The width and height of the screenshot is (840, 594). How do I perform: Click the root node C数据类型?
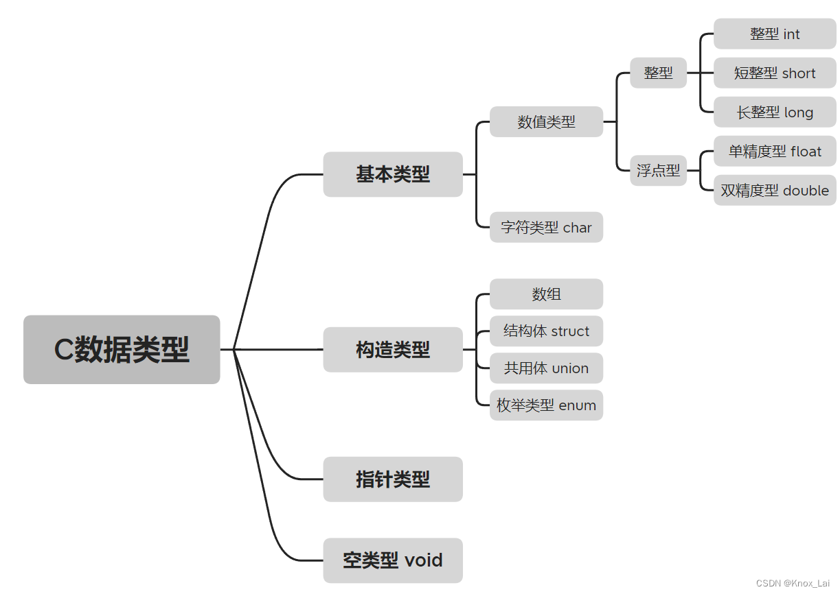coord(122,350)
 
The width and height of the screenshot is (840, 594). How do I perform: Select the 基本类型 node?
coord(393,174)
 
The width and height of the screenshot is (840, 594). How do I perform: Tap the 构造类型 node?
coord(393,350)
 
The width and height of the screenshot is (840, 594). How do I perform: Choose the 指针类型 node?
coord(393,479)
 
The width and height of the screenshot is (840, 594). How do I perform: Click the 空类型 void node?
coord(393,560)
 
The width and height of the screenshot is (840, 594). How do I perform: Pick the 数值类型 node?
coord(546,122)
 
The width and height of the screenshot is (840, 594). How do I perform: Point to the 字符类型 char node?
coord(546,227)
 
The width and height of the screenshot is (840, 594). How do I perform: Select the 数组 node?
coord(546,294)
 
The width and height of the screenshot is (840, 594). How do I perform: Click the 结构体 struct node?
coord(546,331)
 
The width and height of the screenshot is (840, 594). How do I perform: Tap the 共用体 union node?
coord(546,368)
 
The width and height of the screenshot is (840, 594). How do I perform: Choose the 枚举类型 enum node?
coord(546,405)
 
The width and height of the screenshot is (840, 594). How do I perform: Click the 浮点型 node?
coord(658,170)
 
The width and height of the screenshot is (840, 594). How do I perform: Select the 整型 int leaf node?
coord(775,34)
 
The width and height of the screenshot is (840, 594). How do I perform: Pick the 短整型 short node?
coord(775,73)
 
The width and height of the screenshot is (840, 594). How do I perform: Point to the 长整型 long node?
coord(775,112)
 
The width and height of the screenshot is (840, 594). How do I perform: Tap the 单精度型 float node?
coord(775,152)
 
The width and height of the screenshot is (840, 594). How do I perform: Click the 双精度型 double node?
coord(775,191)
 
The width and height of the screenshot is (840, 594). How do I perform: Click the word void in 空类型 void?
coord(423,560)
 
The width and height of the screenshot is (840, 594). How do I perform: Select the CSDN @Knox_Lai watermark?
coord(793,583)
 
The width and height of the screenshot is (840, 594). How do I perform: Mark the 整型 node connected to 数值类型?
coord(658,73)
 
